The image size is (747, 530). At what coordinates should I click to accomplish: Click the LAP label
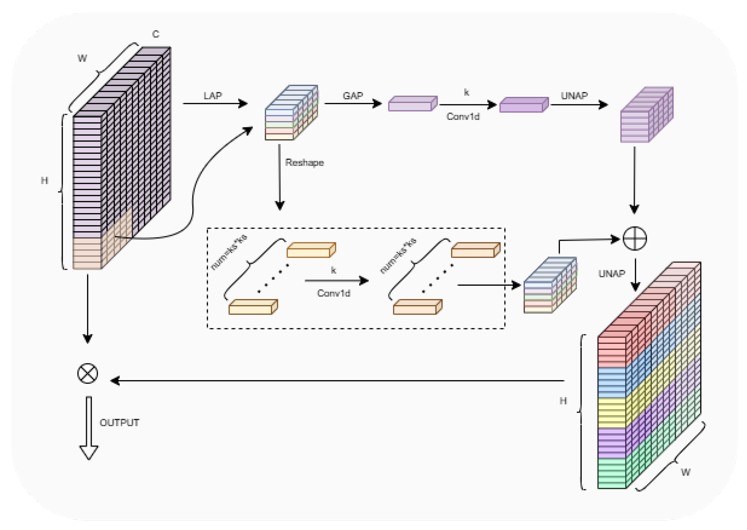(213, 96)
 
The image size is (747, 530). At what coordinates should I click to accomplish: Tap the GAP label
(353, 96)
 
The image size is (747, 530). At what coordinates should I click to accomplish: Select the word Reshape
(304, 163)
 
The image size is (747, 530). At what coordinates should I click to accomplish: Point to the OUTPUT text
(119, 423)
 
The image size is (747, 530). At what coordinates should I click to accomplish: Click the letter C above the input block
(156, 34)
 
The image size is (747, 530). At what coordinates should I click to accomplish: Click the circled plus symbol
(635, 238)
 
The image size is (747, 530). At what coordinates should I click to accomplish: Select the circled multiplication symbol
(88, 373)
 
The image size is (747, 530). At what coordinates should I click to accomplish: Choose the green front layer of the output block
(612, 473)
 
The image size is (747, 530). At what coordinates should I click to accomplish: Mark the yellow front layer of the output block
(612, 412)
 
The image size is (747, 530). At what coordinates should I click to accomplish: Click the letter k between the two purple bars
(466, 92)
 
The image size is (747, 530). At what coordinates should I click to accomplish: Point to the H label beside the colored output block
(563, 401)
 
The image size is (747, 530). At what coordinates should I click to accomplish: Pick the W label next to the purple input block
(82, 58)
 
